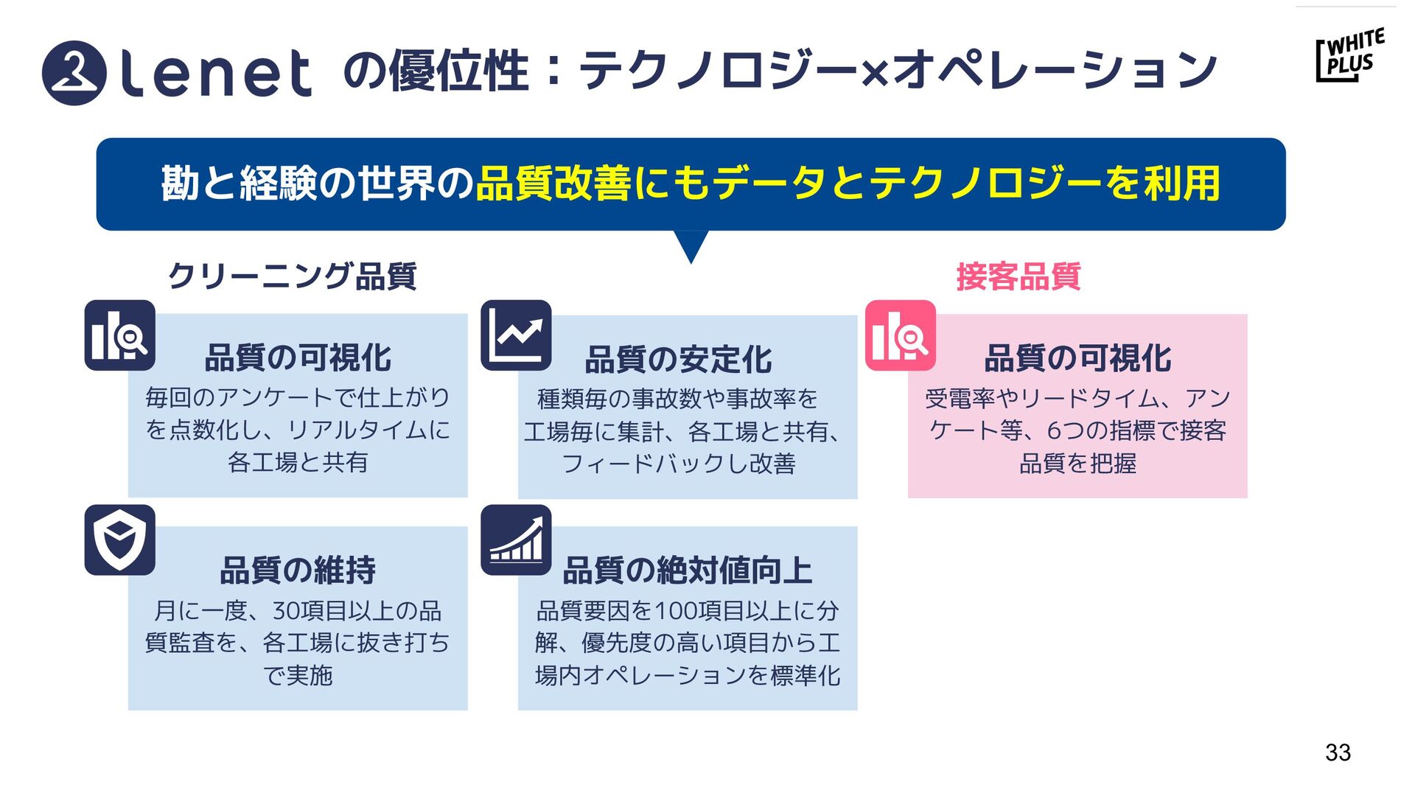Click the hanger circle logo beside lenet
point(74,73)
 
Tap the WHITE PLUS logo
point(1349,55)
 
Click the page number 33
point(1338,753)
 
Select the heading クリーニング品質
point(293,277)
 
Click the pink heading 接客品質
point(1018,277)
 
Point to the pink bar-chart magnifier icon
point(900,335)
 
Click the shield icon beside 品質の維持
point(119,540)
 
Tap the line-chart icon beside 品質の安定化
point(516,335)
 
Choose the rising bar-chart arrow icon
point(516,540)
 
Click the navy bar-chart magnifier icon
point(119,335)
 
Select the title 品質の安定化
point(678,360)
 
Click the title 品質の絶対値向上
point(687,570)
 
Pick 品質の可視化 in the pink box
point(1077,358)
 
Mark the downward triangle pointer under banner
point(691,245)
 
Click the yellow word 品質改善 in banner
point(553,184)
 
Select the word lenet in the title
point(215,73)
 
